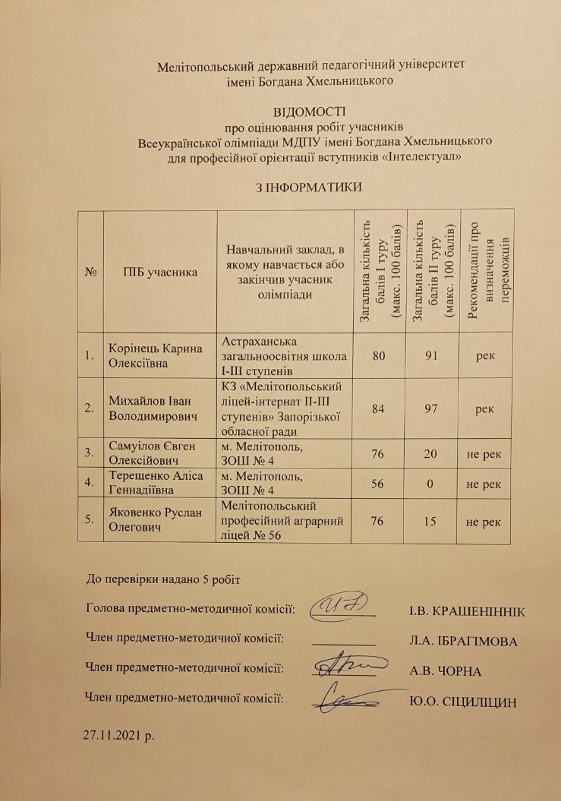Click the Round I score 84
379,408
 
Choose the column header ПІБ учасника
161,270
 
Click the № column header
90,270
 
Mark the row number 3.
90,453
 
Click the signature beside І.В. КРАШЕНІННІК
343,605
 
